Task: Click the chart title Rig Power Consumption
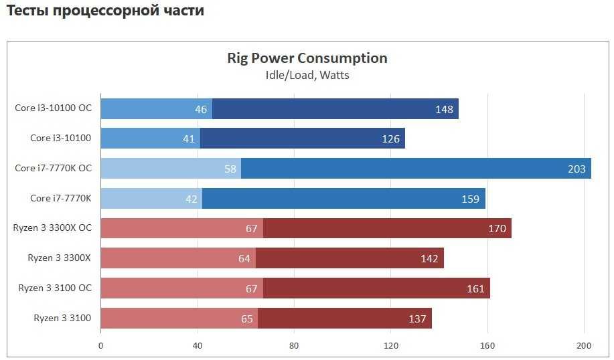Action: pos(307,58)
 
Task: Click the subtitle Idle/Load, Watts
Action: pos(307,75)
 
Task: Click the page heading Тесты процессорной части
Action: pos(106,11)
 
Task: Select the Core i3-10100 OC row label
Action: pos(53,108)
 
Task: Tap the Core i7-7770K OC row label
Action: pos(53,168)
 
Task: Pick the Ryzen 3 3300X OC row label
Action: pos(52,228)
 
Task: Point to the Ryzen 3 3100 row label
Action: pos(62,318)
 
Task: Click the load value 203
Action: pos(577,169)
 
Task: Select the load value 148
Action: pos(444,109)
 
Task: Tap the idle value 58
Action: pos(230,169)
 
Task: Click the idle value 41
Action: pos(188,139)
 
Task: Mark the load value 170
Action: pos(497,229)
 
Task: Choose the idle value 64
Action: pos(245,259)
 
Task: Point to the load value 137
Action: pos(417,319)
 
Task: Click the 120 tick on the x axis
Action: pos(391,346)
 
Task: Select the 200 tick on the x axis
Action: pos(585,346)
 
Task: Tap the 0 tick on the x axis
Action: pos(100,346)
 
